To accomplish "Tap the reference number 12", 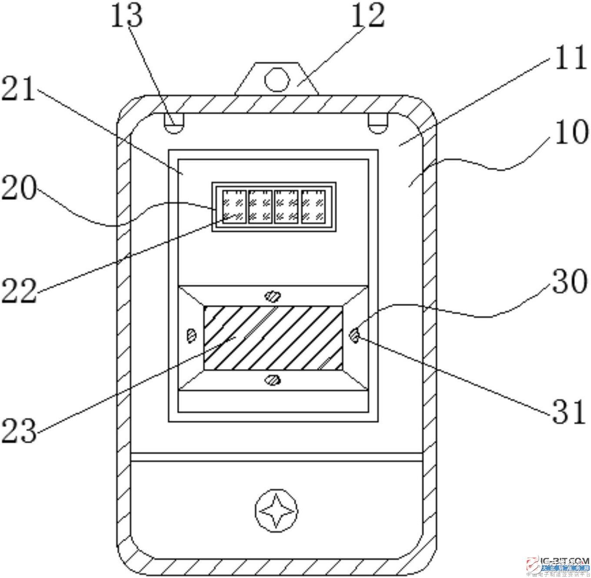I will click(x=368, y=16).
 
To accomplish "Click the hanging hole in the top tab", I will click(x=277, y=80).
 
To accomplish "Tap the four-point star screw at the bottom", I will click(x=276, y=512).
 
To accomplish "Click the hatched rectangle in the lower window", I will click(x=273, y=338).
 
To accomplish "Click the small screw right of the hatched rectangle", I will click(x=355, y=335).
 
